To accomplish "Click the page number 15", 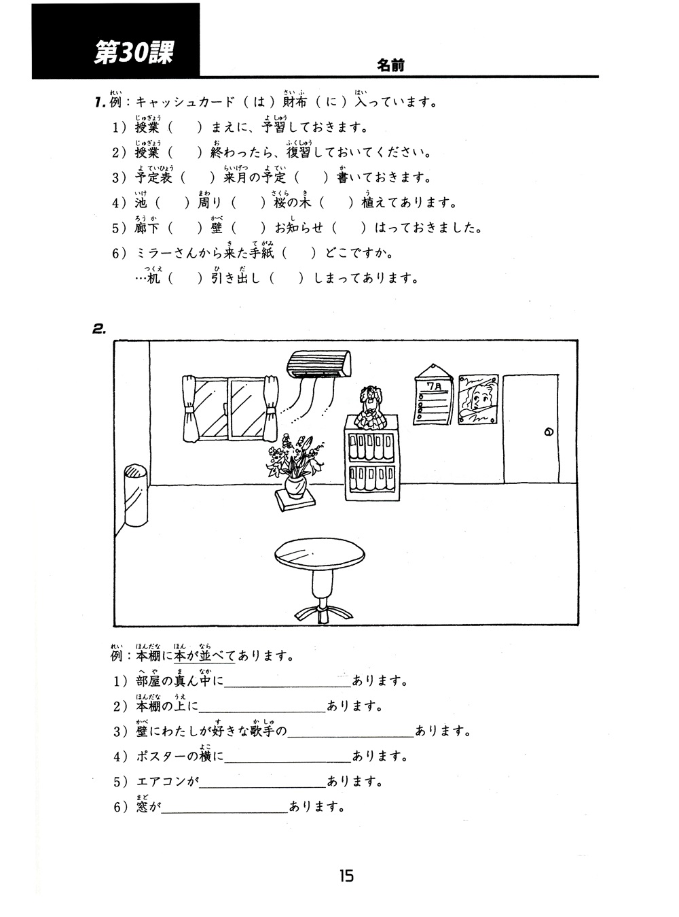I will [346, 876].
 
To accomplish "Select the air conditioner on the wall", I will [320, 364].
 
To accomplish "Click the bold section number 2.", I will [99, 328].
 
